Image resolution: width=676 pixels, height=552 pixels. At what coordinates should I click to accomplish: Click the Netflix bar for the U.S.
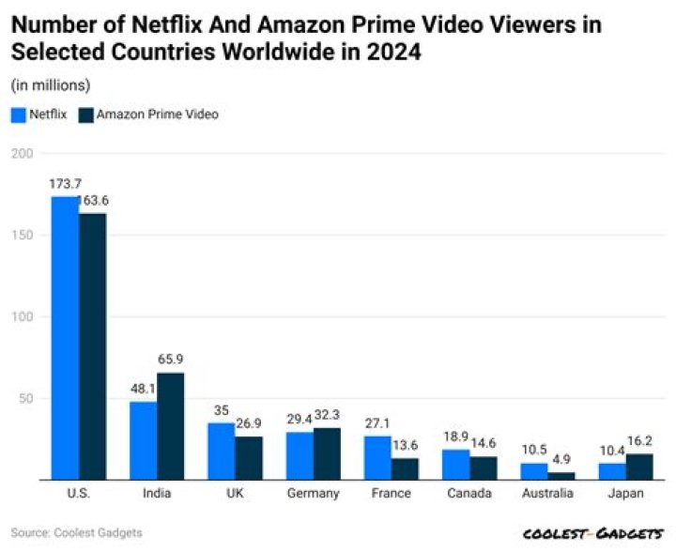click(x=65, y=338)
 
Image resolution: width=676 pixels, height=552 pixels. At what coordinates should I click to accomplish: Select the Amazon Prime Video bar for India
click(x=170, y=426)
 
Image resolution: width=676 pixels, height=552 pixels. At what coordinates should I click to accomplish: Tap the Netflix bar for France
click(x=377, y=458)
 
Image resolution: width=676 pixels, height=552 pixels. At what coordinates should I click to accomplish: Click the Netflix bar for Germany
click(x=300, y=456)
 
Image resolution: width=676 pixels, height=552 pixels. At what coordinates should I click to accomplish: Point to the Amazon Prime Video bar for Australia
click(x=561, y=476)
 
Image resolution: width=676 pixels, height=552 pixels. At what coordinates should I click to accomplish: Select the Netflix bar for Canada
click(x=456, y=465)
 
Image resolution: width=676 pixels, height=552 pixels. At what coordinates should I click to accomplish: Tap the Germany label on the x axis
click(x=313, y=495)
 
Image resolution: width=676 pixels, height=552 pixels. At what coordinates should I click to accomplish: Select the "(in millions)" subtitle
click(x=51, y=85)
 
